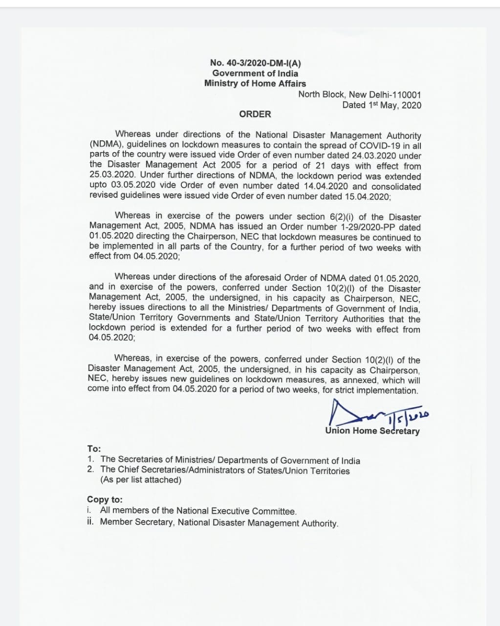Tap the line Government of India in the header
click(x=255, y=73)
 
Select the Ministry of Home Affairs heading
click(x=255, y=83)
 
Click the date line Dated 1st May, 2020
click(x=382, y=105)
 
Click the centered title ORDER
click(x=255, y=114)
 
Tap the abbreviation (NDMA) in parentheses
click(x=104, y=145)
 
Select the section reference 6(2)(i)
click(x=348, y=217)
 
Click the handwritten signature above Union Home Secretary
click(x=371, y=414)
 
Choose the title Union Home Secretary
click(x=372, y=431)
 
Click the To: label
click(x=94, y=448)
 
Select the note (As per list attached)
click(x=141, y=480)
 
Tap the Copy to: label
click(x=105, y=499)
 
